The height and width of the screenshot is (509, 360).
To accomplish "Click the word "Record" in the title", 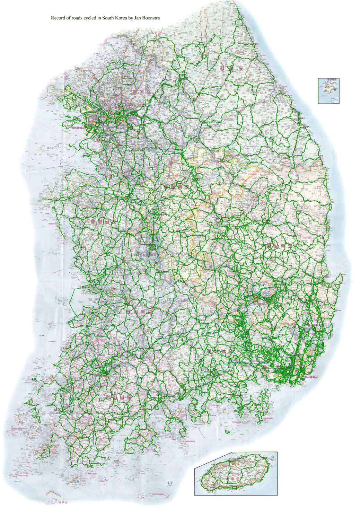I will coord(58,18).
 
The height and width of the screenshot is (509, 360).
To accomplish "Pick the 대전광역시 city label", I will coord(150,255).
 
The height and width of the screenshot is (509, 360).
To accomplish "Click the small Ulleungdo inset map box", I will coord(328,91).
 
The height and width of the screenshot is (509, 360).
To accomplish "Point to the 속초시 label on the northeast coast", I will coord(256,44).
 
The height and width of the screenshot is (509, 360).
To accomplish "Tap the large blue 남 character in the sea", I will coord(169,484).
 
